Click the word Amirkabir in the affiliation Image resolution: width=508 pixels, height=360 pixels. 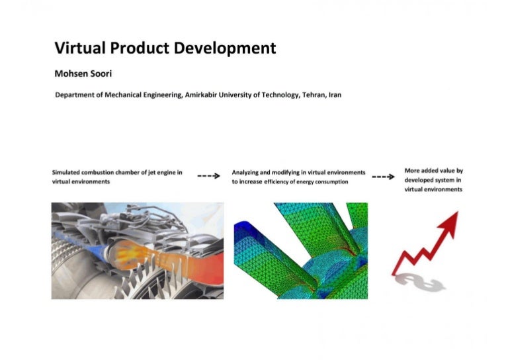click(x=204, y=95)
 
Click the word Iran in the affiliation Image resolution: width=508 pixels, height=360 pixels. click(x=335, y=95)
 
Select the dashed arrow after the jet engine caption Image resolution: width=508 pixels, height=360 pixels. click(x=209, y=177)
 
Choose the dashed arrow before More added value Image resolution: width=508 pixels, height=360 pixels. click(x=384, y=177)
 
